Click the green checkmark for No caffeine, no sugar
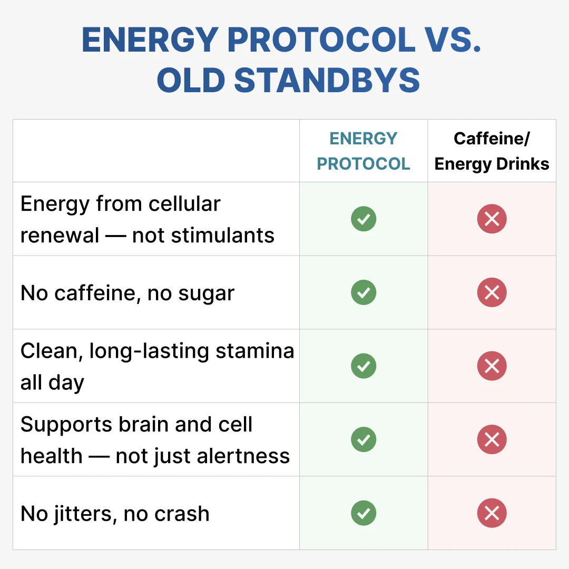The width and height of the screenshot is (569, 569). click(x=364, y=292)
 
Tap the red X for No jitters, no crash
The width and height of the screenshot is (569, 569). click(x=492, y=513)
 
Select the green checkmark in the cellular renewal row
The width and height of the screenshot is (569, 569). click(x=364, y=219)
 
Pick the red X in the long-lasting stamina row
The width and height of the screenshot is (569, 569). click(x=492, y=366)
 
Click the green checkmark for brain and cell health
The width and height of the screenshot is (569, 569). click(x=364, y=439)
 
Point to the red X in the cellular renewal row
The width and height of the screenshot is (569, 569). click(x=492, y=219)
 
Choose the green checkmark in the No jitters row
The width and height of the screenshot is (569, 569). click(x=364, y=513)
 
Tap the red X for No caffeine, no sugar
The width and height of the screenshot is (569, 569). click(x=492, y=292)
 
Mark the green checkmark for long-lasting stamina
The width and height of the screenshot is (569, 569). click(x=364, y=366)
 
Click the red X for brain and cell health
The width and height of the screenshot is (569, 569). click(x=492, y=439)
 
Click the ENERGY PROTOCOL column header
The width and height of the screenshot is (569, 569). click(x=364, y=151)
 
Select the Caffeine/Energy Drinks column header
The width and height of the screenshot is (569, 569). click(x=492, y=151)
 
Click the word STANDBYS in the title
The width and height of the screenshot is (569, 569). click(x=327, y=81)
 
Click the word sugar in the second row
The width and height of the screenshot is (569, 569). click(x=208, y=293)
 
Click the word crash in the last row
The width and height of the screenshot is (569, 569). click(x=180, y=514)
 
